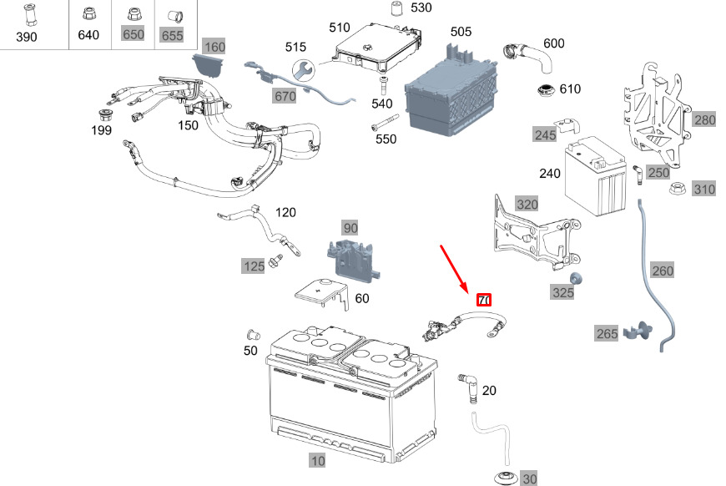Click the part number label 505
click(x=461, y=32)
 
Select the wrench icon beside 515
click(x=304, y=70)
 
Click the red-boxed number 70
click(x=484, y=301)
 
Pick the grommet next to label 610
click(x=547, y=91)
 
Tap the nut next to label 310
click(x=678, y=189)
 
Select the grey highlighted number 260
click(x=662, y=271)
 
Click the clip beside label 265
click(x=638, y=331)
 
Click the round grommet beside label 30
click(x=507, y=478)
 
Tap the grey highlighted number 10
click(x=318, y=460)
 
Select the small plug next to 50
click(x=254, y=334)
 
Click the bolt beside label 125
click(x=276, y=260)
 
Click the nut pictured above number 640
click(x=88, y=14)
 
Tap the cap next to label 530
click(x=396, y=8)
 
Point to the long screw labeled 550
click(x=385, y=123)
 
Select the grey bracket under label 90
click(x=352, y=261)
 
